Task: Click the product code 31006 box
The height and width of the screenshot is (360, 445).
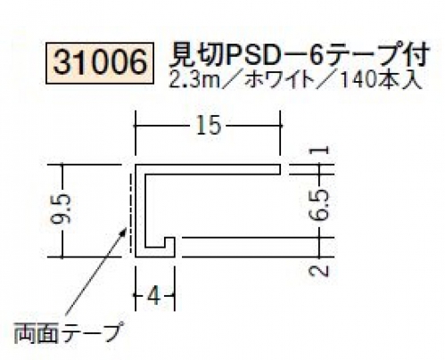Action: click(100, 63)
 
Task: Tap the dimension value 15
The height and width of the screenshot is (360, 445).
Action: click(209, 125)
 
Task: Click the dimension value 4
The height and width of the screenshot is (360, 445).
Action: click(154, 296)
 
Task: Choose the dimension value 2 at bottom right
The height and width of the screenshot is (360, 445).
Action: click(319, 270)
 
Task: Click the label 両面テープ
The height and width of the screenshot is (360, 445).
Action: click(68, 332)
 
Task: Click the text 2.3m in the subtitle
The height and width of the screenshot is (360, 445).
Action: click(194, 80)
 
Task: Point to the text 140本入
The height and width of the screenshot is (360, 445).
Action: click(381, 80)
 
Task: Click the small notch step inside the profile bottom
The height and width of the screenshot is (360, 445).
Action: click(169, 242)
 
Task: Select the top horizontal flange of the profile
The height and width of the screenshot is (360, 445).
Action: click(208, 169)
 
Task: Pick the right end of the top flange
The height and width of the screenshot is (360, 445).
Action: click(281, 169)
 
